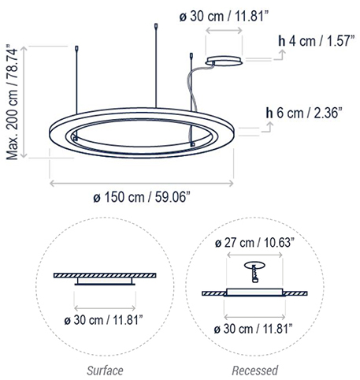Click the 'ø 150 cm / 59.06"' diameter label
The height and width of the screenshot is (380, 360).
(x=142, y=198)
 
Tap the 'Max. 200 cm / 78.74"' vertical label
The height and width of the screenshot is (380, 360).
(x=13, y=102)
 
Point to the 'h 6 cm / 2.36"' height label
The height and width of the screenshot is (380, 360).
(x=303, y=114)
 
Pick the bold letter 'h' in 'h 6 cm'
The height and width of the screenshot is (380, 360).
(x=270, y=114)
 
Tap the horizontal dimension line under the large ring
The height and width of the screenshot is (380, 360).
(x=142, y=183)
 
